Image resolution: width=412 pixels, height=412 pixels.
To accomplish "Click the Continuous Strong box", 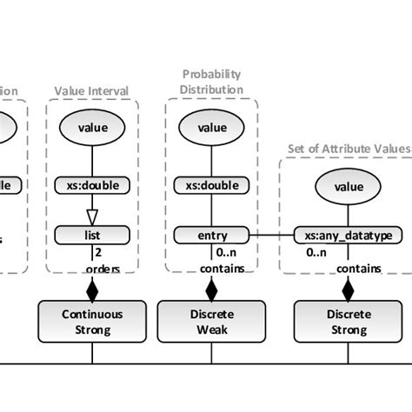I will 92,320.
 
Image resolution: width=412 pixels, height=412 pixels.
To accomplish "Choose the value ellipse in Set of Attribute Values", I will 349,185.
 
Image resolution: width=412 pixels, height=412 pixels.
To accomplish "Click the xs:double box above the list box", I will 92,184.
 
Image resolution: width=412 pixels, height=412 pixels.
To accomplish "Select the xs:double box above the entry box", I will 211,184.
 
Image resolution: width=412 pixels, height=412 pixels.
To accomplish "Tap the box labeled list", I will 92,235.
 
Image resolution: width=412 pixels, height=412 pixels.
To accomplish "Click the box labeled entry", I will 211,235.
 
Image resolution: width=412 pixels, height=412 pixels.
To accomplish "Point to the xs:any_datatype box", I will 348,236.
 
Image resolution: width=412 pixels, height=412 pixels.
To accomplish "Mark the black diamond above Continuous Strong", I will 92,287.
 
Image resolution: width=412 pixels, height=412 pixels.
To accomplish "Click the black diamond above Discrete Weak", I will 211,287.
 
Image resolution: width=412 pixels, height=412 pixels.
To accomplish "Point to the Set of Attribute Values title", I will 348,148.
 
